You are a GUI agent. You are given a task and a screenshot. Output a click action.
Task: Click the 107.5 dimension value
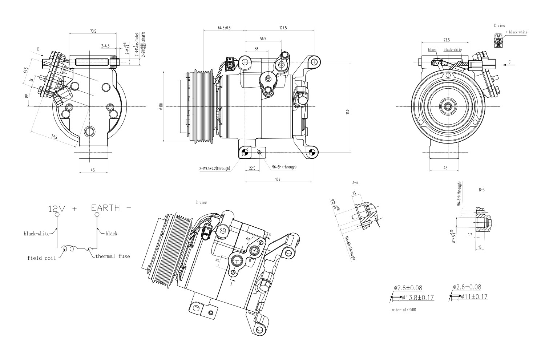(x=283, y=28)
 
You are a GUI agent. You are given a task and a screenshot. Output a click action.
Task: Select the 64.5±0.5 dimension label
(x=224, y=28)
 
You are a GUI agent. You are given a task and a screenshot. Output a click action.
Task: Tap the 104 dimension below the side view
(x=278, y=179)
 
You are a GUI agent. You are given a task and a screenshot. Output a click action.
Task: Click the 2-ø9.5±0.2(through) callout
(x=214, y=169)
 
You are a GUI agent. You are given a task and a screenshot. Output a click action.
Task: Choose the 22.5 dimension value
(x=252, y=168)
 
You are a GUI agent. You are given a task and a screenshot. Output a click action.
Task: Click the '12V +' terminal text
(x=63, y=209)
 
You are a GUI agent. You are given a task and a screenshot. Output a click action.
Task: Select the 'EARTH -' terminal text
(x=111, y=208)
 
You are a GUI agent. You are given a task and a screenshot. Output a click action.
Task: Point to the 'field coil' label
(x=42, y=258)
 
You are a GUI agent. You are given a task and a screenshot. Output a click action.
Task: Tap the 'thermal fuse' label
(x=112, y=256)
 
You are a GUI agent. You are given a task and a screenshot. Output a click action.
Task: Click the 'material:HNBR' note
(x=403, y=310)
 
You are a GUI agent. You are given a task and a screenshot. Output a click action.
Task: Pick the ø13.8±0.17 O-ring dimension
(x=418, y=298)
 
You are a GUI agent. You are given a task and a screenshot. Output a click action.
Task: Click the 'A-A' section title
(x=355, y=183)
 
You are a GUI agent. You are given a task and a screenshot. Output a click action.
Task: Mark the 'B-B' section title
(x=482, y=190)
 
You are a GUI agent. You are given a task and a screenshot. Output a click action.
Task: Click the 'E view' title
(x=201, y=202)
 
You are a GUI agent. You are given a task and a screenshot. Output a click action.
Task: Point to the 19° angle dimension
(x=27, y=96)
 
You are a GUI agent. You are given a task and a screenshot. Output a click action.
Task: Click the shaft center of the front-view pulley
(x=447, y=106)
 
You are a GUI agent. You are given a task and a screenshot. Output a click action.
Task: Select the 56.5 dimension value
(x=263, y=39)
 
